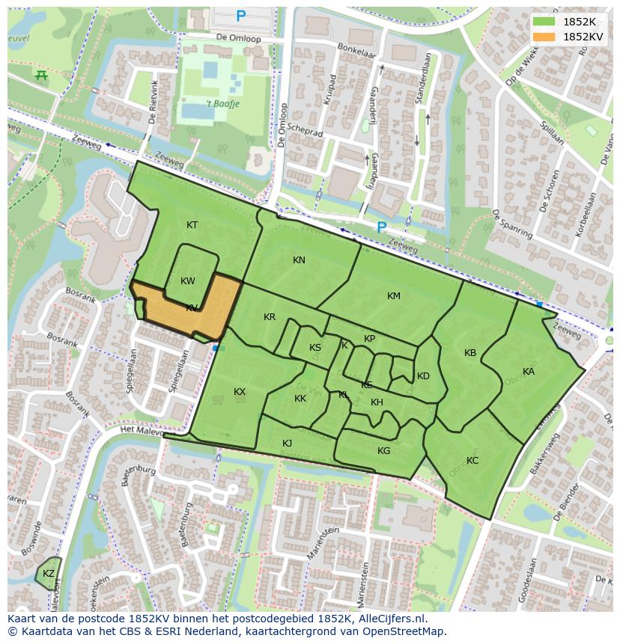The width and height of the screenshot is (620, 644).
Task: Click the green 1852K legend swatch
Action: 544,21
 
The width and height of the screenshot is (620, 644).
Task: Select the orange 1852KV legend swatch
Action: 544,36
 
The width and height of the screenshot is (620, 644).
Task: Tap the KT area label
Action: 192,225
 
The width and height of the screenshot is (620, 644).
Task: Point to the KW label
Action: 188,281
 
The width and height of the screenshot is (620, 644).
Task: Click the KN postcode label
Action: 299,260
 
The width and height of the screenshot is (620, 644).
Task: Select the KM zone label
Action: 394,296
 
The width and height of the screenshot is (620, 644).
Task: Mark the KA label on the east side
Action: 529,372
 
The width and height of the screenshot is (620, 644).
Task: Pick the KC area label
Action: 472,461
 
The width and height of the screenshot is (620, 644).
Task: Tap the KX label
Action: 240,392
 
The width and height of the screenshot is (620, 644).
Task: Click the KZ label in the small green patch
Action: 49,574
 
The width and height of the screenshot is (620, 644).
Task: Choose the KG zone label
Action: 384,451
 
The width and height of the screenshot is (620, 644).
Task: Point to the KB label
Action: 470,353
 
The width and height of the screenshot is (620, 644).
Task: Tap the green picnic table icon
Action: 41,75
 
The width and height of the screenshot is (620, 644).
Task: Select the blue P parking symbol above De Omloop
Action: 241,16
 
